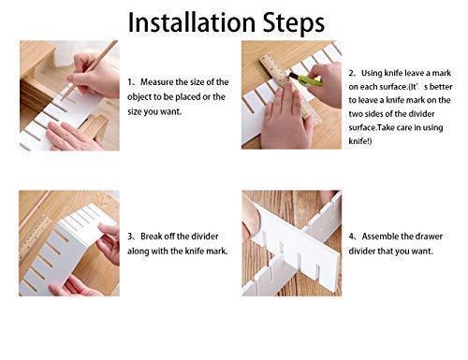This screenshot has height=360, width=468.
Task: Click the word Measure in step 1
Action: (x=162, y=82)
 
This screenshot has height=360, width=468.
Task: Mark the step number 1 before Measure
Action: (x=132, y=82)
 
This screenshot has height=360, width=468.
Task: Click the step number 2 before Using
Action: (x=353, y=71)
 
